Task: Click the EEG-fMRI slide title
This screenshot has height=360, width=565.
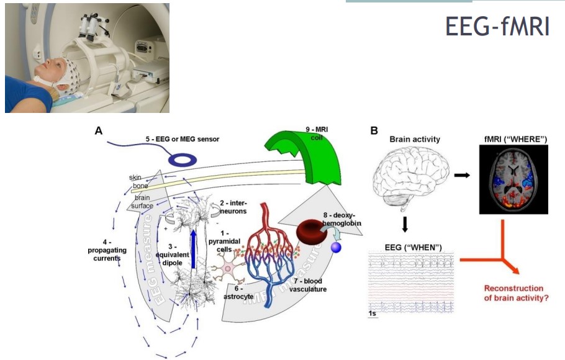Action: pos(497,26)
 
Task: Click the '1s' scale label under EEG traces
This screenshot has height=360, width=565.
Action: pos(372,315)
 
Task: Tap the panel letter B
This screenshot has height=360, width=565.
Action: pos(374,131)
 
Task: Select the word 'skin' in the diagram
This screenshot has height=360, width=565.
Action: pos(135,178)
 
